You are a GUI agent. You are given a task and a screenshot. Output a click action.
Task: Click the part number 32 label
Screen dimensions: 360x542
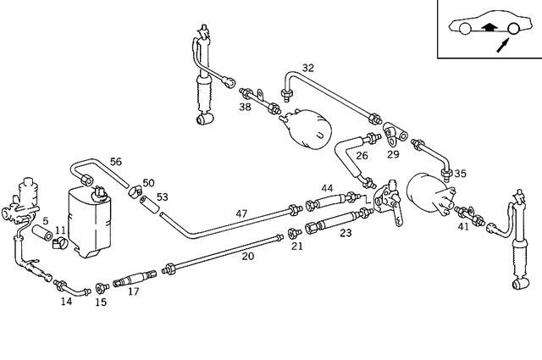pyautogui.click(x=307, y=68)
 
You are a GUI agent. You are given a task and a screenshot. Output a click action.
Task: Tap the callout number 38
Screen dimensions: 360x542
pyautogui.click(x=245, y=108)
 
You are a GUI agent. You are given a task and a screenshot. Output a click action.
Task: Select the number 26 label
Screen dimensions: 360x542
pyautogui.click(x=362, y=155)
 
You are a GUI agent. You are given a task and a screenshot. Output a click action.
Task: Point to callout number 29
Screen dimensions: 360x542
pyautogui.click(x=393, y=155)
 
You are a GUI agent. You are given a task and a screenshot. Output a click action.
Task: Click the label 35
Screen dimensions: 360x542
pyautogui.click(x=460, y=174)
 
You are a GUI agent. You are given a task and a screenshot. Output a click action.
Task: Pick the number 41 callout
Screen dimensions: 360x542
pyautogui.click(x=462, y=227)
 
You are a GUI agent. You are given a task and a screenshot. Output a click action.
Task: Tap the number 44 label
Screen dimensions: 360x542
pyautogui.click(x=327, y=187)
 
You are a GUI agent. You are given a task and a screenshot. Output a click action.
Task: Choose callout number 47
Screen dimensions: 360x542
pyautogui.click(x=241, y=214)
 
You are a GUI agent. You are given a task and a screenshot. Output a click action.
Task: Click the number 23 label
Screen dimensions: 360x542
pyautogui.click(x=346, y=232)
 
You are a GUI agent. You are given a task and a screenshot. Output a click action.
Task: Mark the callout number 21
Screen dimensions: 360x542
pyautogui.click(x=296, y=246)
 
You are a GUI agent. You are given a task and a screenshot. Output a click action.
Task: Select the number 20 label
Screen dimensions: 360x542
pyautogui.click(x=248, y=256)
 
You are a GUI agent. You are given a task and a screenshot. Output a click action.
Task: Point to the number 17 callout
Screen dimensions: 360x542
pyautogui.click(x=133, y=291)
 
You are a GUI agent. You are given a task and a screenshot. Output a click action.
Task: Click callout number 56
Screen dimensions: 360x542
pyautogui.click(x=116, y=162)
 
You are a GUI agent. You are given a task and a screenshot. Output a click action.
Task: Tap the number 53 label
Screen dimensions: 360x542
pyautogui.click(x=162, y=197)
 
